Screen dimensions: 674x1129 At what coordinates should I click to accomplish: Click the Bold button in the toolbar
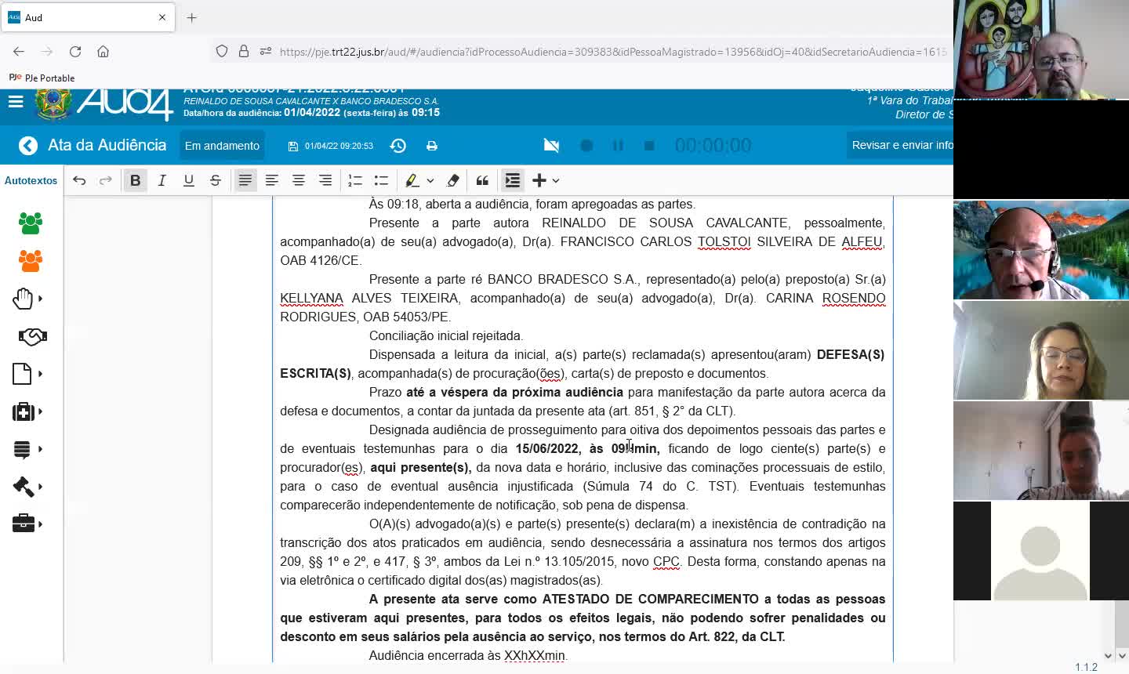[x=135, y=180]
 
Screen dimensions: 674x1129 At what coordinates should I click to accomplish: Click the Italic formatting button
[x=162, y=180]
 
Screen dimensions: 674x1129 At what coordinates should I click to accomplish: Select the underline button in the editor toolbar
[x=188, y=180]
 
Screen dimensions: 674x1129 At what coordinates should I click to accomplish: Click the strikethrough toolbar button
[x=215, y=180]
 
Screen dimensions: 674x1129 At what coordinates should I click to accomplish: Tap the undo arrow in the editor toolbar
[x=79, y=180]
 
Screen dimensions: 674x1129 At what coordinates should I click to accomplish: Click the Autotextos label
[x=31, y=180]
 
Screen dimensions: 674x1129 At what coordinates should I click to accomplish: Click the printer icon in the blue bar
[x=432, y=146]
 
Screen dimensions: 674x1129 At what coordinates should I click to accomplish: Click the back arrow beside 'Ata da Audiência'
[x=28, y=146]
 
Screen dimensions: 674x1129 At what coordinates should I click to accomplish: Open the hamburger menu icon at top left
[x=16, y=102]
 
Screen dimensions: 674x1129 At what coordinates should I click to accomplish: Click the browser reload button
[x=75, y=52]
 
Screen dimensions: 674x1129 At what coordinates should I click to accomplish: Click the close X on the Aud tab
[x=162, y=17]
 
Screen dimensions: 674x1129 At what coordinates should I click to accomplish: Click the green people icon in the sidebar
[x=31, y=223]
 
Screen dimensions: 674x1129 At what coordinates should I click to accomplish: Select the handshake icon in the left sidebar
[x=32, y=337]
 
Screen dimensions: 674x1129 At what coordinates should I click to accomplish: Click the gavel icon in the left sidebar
[x=24, y=487]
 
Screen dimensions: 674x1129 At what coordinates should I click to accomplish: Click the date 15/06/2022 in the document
[x=546, y=448]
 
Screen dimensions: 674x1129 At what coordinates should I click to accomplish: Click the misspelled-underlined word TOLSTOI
[x=724, y=241]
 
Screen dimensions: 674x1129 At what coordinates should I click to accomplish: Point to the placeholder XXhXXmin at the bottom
[x=534, y=655]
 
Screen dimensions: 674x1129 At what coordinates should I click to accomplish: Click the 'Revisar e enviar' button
[x=902, y=145]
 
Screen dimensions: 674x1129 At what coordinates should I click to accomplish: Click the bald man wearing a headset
[x=1019, y=251]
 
